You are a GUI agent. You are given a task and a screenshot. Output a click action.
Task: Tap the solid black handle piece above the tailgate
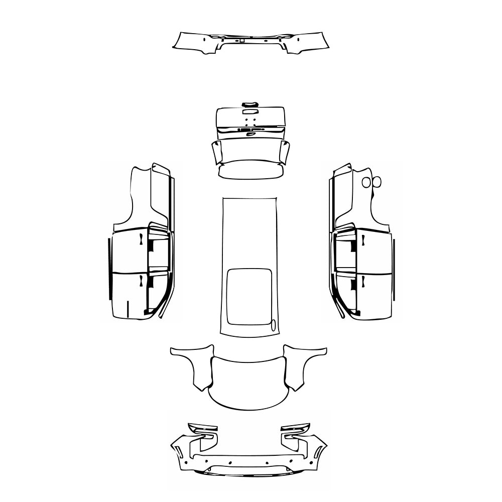(x=249, y=104)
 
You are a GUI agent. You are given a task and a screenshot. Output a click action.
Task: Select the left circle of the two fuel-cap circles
(x=366, y=182)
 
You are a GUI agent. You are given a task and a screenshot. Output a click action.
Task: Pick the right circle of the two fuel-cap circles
(x=377, y=182)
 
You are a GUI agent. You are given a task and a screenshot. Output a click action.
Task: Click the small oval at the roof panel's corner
(x=274, y=326)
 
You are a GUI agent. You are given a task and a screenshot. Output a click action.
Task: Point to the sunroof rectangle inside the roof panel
(x=249, y=296)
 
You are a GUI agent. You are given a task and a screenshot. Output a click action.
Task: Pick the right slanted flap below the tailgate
(x=284, y=153)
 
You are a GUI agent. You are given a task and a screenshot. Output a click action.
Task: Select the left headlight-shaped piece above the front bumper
(x=203, y=430)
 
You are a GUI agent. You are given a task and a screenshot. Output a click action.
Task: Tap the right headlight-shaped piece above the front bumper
(x=296, y=430)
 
